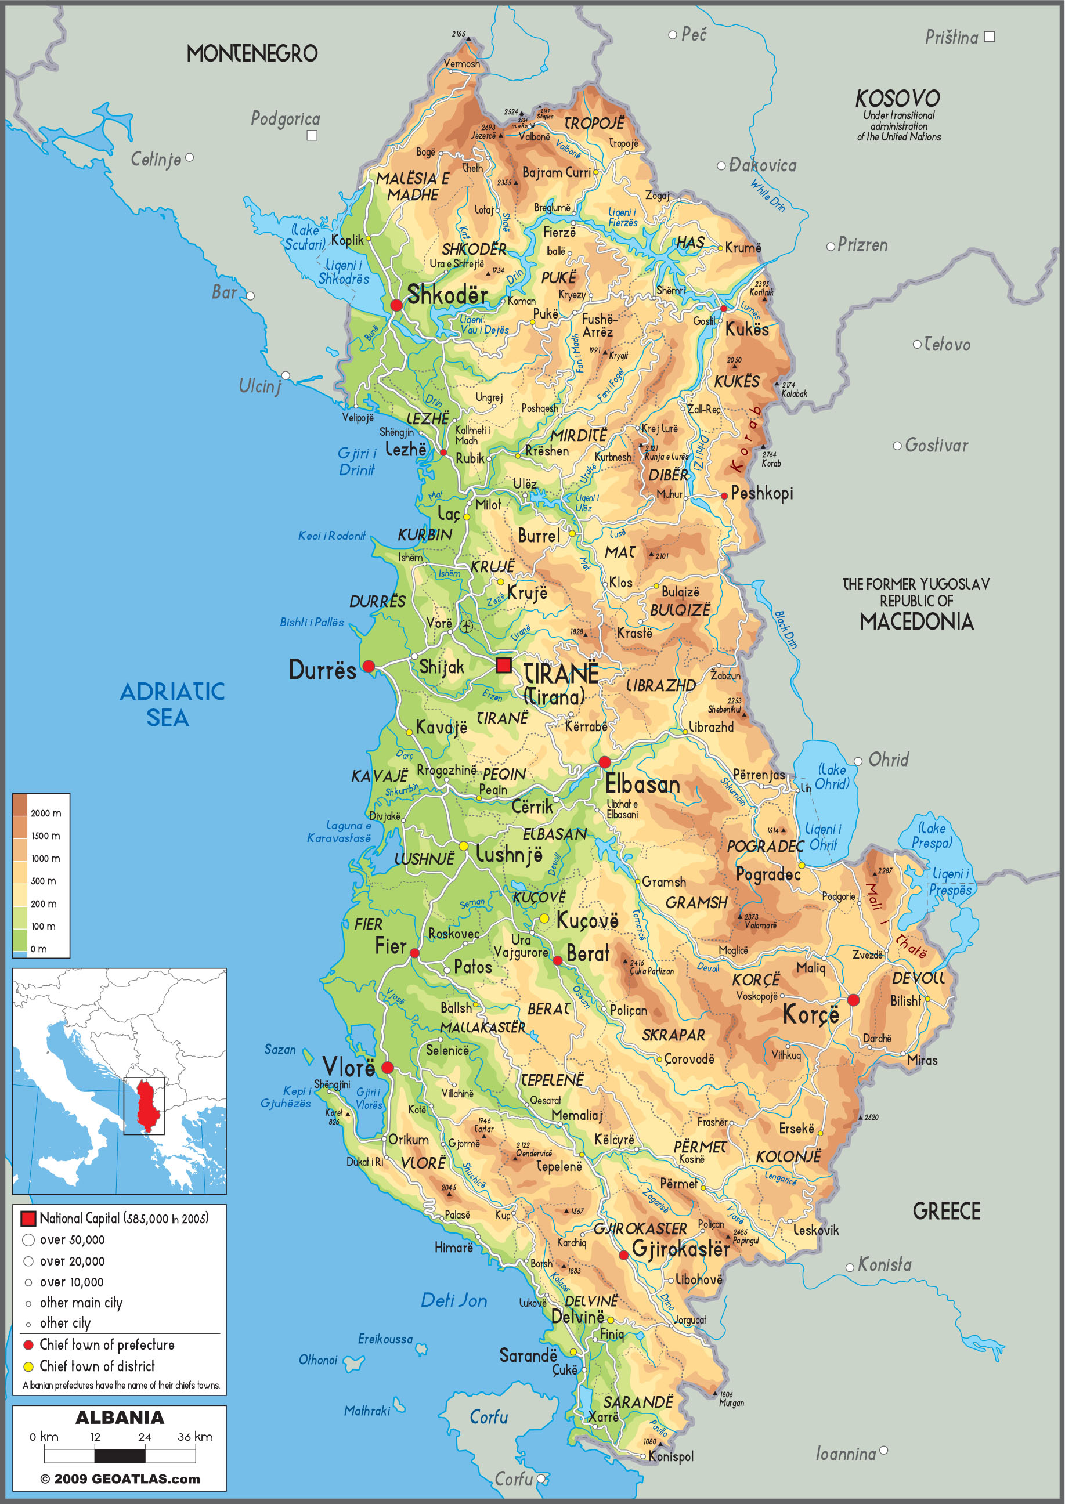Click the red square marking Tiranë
503,666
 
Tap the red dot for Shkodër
396,305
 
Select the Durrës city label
322,670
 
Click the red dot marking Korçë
853,1000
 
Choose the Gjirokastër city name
680,1249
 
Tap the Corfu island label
489,1418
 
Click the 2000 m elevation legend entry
45,813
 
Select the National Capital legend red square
28,1219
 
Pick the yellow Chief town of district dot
28,1366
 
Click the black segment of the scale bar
120,1456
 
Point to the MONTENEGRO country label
252,54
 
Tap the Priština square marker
989,37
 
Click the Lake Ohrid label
832,777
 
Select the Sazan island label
279,1050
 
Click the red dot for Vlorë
387,1067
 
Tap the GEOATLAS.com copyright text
120,1479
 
